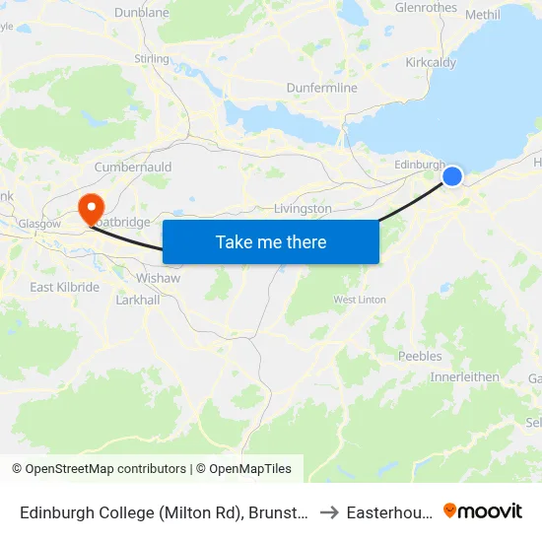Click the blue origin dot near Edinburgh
452,176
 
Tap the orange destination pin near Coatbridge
91,205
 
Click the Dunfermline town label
321,88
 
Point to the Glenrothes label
426,8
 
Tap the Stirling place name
152,59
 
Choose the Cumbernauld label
133,168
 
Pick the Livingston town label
303,209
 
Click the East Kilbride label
65,288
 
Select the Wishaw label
159,278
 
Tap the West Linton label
360,300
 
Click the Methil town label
482,15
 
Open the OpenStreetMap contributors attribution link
104,469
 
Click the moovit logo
482,511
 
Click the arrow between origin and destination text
329,512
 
